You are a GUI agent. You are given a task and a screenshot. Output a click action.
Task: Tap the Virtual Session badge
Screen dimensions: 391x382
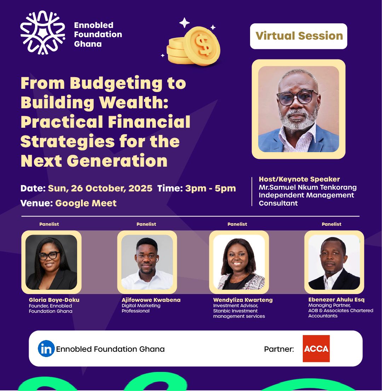click(x=299, y=36)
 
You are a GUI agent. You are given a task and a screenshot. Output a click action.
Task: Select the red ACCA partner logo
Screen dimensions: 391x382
click(x=316, y=349)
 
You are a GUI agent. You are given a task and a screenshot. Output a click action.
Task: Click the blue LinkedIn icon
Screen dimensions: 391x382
click(x=46, y=349)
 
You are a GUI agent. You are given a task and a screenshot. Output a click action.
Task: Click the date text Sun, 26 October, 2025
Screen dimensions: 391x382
click(x=100, y=188)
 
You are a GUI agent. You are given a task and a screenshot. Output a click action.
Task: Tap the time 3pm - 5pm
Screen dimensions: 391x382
click(x=210, y=188)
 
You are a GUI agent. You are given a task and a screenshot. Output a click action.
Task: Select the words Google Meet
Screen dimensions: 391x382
click(x=86, y=203)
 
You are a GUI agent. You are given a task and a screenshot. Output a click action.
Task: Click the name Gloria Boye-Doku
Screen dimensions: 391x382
click(x=54, y=300)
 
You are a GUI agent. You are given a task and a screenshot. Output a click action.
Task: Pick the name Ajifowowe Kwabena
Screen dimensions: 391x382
click(x=151, y=300)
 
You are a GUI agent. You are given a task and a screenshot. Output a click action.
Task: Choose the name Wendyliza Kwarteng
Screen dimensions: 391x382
click(x=243, y=300)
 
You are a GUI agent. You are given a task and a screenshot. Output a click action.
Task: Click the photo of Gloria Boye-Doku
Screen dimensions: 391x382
click(x=51, y=262)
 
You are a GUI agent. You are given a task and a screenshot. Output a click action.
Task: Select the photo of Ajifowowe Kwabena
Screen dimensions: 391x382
click(x=147, y=262)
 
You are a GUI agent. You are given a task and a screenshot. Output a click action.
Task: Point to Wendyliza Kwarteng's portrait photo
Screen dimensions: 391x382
click(x=239, y=262)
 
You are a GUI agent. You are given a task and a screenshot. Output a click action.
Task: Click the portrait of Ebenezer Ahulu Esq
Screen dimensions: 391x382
click(x=334, y=262)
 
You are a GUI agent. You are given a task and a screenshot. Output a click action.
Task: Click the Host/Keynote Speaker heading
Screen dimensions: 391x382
click(x=299, y=179)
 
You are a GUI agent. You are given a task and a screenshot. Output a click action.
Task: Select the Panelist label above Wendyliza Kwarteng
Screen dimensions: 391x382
click(x=237, y=224)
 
